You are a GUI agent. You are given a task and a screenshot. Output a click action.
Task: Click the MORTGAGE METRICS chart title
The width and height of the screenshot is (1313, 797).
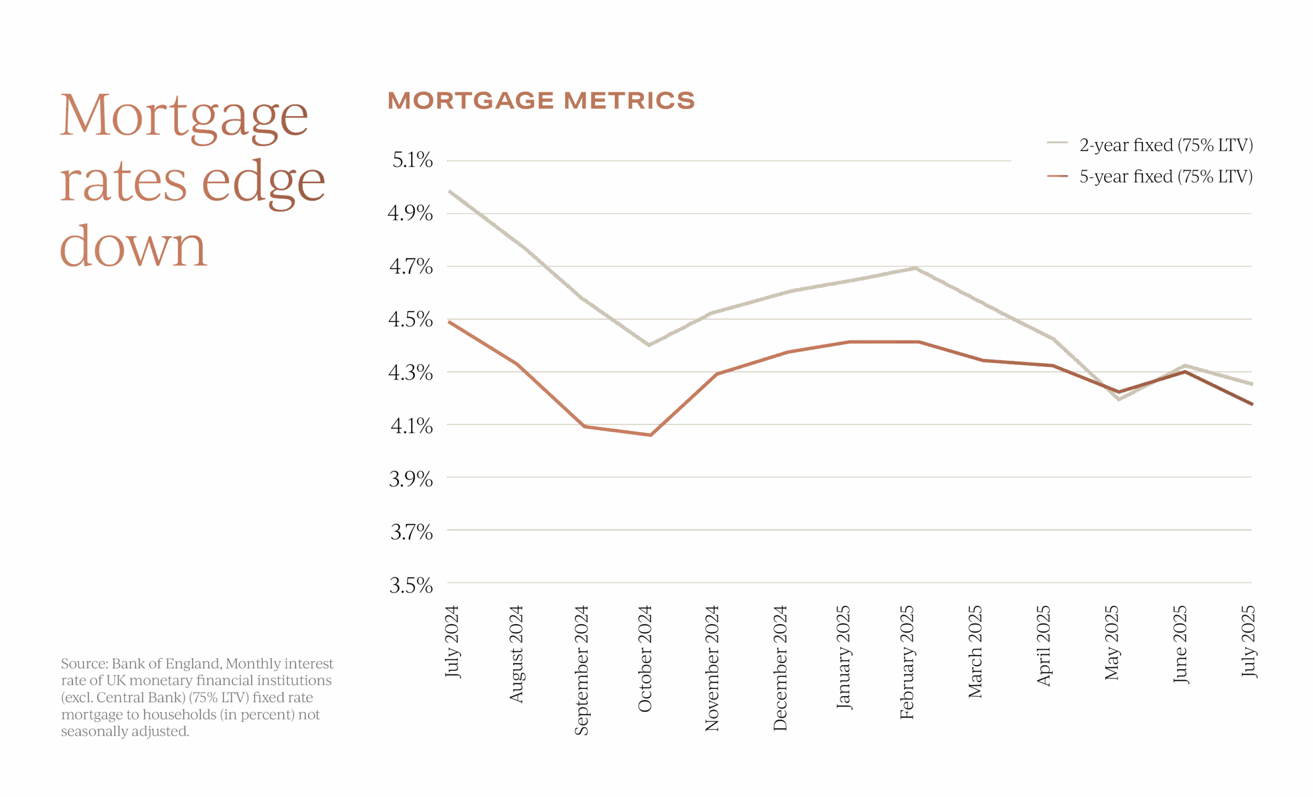(x=541, y=101)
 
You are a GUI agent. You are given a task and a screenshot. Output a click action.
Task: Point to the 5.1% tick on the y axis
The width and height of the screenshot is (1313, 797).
(x=412, y=160)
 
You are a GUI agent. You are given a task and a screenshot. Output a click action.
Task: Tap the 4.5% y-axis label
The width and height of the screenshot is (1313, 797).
(x=410, y=319)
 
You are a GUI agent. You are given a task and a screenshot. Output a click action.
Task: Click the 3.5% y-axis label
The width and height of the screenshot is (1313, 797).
(x=410, y=585)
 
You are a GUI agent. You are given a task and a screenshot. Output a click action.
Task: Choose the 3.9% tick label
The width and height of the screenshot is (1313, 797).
(x=410, y=479)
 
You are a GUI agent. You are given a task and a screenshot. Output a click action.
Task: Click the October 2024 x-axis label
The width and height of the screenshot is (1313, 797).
(x=645, y=659)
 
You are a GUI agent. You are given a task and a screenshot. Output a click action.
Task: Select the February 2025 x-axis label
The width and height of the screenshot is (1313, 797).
(x=907, y=662)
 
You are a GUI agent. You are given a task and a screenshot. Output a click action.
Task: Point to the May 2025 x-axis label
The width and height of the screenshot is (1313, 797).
(x=1111, y=643)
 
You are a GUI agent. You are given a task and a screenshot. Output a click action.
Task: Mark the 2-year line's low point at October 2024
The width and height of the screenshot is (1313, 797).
(x=649, y=345)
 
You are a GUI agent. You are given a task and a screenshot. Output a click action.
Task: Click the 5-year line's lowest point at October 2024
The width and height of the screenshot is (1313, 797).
(x=650, y=435)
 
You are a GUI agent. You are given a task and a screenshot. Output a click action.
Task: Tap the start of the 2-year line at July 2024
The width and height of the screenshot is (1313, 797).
(x=450, y=191)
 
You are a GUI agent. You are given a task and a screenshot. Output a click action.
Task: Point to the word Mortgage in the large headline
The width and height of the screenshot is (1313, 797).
(x=184, y=115)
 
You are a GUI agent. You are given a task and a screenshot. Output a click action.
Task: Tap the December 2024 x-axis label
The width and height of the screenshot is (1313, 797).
(x=780, y=668)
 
